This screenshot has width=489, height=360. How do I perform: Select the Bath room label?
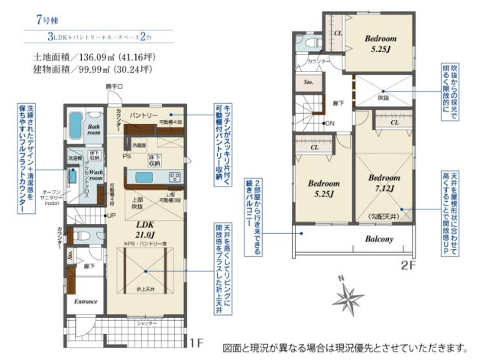(x=94, y=129)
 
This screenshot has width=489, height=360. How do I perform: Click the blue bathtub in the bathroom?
(x=75, y=124)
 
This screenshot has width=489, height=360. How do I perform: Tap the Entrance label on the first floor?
(x=86, y=301)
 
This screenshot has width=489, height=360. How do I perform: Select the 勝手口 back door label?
(x=114, y=87)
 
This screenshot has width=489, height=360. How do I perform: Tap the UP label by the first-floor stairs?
(x=112, y=216)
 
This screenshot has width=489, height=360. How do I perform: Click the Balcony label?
(x=378, y=238)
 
